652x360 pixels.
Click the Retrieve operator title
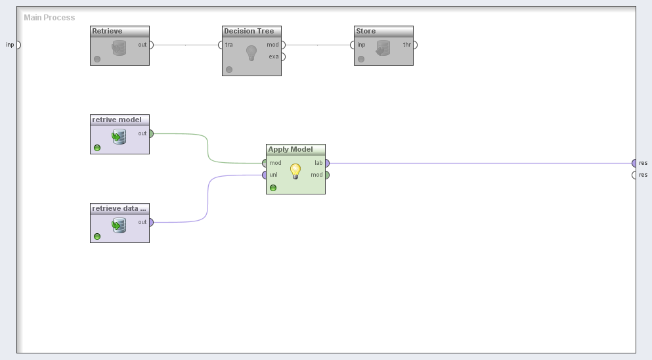[x=107, y=31]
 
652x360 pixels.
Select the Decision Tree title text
[x=249, y=31]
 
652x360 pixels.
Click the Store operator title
[x=366, y=31]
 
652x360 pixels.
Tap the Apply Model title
[x=290, y=149]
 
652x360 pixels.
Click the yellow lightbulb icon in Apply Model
[x=295, y=171]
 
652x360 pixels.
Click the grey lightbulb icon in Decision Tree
[x=251, y=53]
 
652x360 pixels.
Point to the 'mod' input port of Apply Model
[x=265, y=163]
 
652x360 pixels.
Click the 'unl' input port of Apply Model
[x=265, y=175]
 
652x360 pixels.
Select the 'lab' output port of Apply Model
[x=326, y=163]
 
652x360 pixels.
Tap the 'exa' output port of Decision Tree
[x=282, y=56]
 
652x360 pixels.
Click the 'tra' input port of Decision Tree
[x=221, y=45]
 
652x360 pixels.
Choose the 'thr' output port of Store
[x=414, y=45]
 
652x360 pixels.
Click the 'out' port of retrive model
[x=150, y=133]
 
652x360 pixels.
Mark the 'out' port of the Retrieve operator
[x=150, y=45]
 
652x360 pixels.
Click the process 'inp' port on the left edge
[x=18, y=45]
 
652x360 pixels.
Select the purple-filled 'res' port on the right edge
[x=634, y=163]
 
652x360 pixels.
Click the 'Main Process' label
[x=49, y=18]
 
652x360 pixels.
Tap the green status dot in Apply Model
[x=273, y=188]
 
